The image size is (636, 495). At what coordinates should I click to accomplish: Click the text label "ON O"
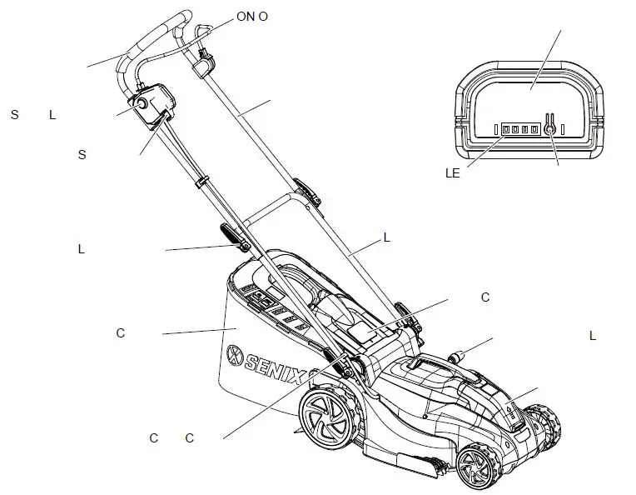tap(252, 17)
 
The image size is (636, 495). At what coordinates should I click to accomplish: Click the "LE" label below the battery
tap(453, 173)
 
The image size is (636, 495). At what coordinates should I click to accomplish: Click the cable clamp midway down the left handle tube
tap(201, 181)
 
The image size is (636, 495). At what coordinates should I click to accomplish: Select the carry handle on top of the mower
tap(441, 367)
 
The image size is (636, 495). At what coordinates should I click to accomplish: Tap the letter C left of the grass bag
tap(120, 333)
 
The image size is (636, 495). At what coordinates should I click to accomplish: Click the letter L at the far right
tap(593, 336)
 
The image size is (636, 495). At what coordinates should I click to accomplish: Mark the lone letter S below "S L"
tap(82, 154)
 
